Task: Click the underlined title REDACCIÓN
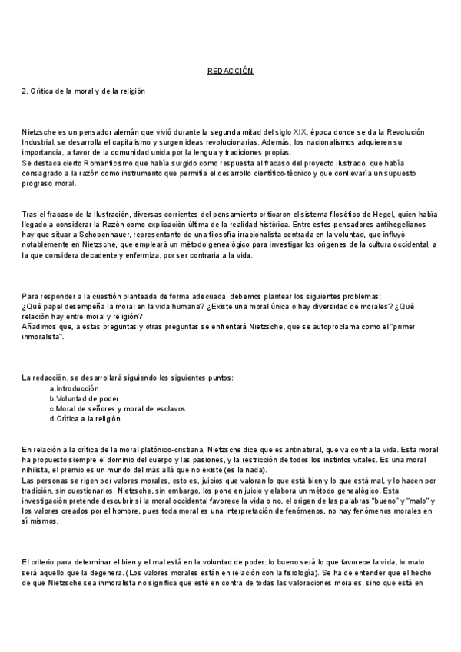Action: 230,71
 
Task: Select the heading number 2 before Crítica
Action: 24,91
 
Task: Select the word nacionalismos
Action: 329,142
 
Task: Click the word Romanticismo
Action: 107,163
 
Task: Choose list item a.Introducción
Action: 75,388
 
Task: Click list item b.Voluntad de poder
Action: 84,398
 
